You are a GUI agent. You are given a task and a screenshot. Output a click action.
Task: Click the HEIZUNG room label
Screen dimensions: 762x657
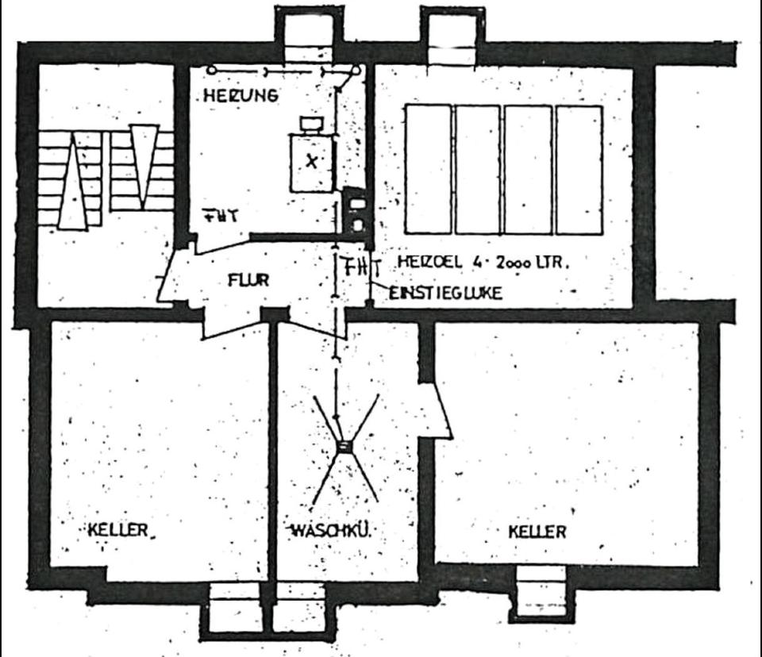tap(241, 96)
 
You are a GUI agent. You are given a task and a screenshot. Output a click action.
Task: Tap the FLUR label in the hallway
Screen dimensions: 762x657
tap(248, 280)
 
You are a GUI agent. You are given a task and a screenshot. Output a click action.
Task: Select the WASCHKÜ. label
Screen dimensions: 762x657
tap(332, 530)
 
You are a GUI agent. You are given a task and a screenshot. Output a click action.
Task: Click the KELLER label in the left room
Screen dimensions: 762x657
tap(118, 530)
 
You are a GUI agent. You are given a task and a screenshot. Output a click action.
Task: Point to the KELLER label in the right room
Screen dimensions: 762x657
tap(537, 532)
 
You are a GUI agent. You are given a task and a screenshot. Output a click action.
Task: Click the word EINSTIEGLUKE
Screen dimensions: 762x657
tap(445, 294)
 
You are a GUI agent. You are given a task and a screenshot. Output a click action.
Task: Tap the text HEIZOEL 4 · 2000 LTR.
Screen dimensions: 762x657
tap(483, 262)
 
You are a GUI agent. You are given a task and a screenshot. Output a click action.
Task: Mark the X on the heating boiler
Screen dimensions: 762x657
tap(312, 161)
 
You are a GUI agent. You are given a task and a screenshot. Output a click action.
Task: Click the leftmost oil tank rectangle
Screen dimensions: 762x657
tap(428, 169)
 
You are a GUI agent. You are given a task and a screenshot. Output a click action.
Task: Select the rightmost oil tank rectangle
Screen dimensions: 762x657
tap(579, 169)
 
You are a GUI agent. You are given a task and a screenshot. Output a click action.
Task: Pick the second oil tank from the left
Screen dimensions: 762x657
tap(478, 169)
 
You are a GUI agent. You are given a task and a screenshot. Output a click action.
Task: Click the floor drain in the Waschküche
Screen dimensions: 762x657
tap(344, 447)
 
